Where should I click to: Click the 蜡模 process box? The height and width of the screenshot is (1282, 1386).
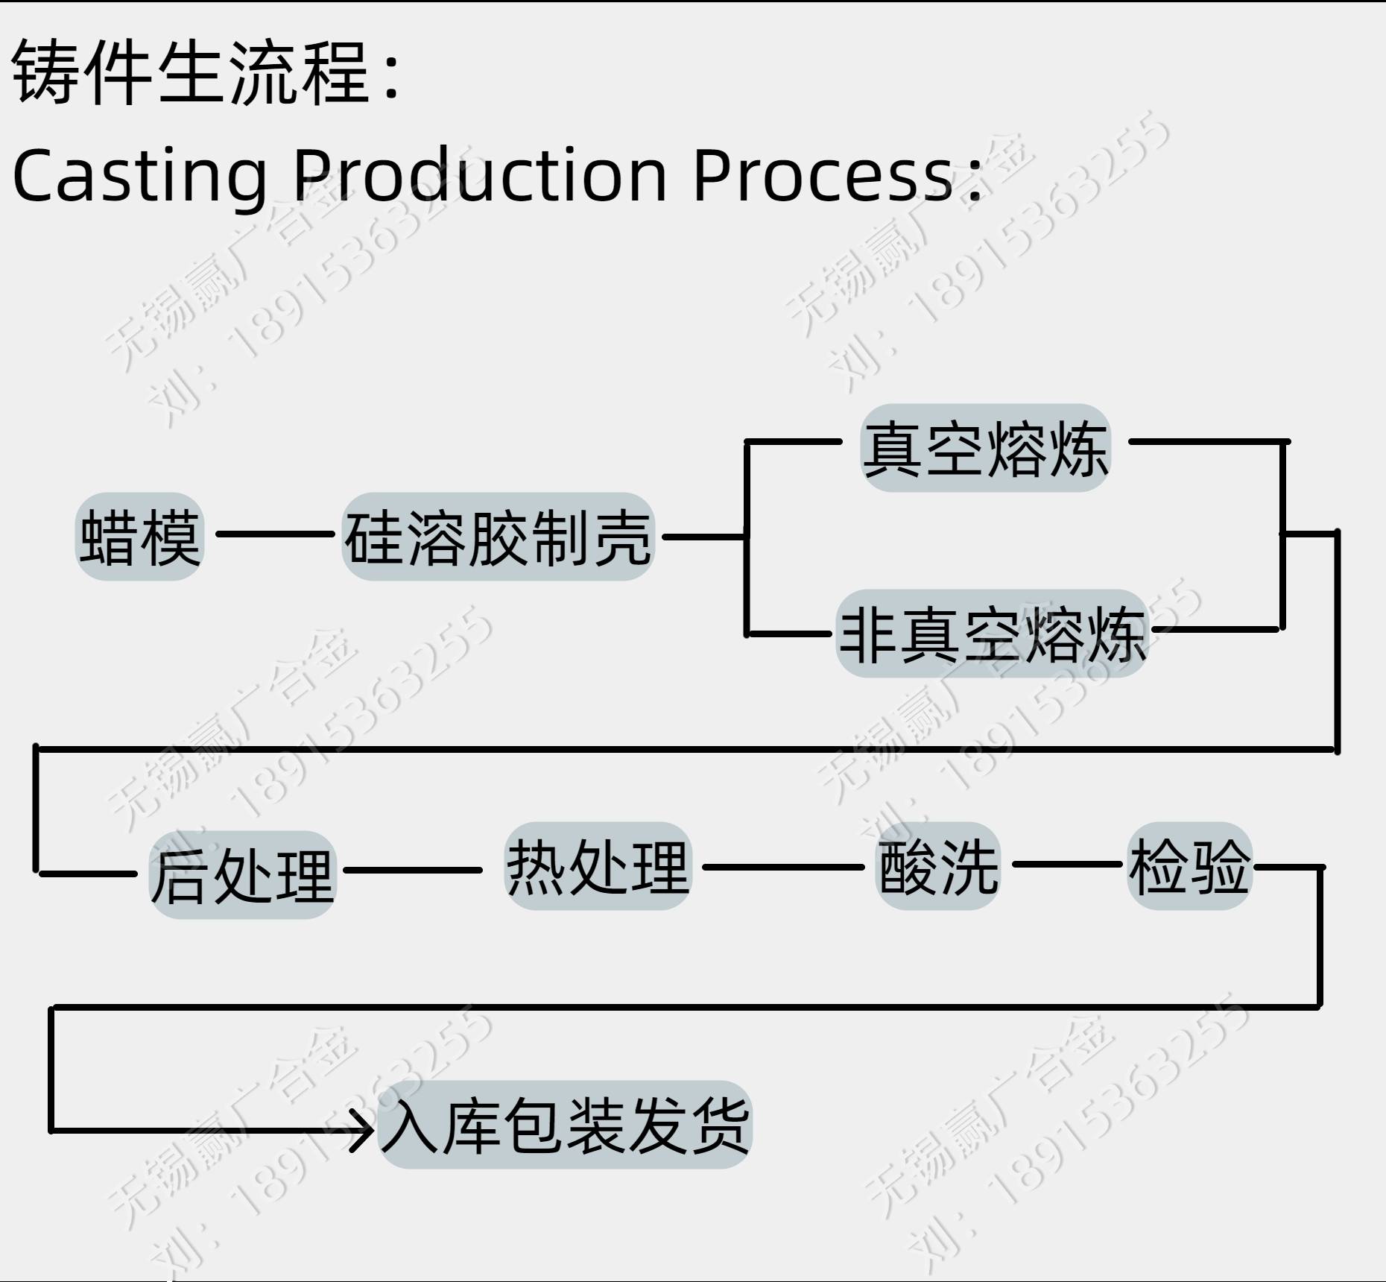139,537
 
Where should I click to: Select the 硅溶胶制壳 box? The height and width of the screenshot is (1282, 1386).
498,537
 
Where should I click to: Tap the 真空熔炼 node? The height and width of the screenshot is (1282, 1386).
985,448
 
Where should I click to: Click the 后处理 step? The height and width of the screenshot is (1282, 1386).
242,875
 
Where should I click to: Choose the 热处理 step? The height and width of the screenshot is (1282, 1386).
598,866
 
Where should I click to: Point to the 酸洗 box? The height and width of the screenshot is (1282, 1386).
937,866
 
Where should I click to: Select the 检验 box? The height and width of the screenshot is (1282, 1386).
1189,866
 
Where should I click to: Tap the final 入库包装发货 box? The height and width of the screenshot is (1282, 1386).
565,1125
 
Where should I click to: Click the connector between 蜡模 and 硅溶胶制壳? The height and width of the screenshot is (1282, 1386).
274,534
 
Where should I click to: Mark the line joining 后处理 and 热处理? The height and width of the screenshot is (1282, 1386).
412,870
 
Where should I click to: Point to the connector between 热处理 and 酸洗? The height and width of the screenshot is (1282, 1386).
782,867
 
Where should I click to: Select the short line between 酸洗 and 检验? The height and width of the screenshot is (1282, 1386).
1066,865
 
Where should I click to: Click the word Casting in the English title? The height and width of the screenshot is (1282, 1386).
140,176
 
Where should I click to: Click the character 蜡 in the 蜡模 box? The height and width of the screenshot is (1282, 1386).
109,537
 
